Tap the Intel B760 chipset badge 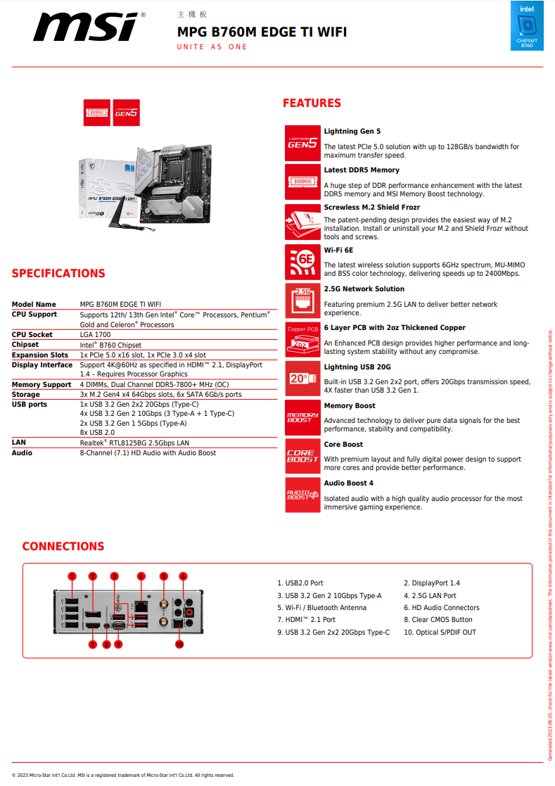(526, 27)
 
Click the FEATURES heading (312, 103)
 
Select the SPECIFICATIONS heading (58, 274)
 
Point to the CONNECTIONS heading (63, 547)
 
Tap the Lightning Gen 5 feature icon (302, 142)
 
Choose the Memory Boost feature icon (302, 417)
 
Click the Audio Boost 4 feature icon (302, 495)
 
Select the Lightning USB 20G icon (302, 378)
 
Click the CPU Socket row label (32, 335)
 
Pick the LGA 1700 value (95, 335)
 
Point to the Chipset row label (25, 345)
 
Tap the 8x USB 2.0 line (98, 433)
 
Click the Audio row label (22, 452)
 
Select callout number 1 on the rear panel (72, 576)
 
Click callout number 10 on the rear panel (179, 644)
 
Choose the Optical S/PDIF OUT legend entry (440, 632)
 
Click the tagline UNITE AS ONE (212, 47)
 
